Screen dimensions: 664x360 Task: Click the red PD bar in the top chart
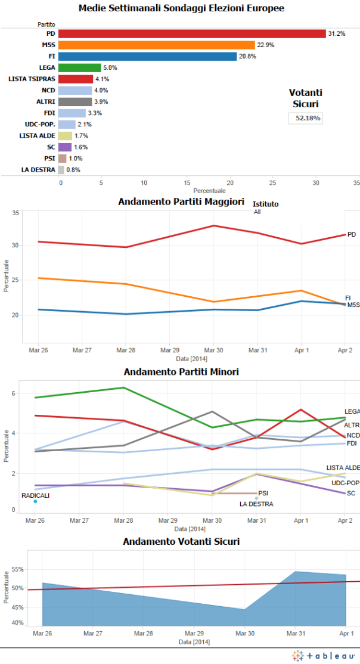point(192,33)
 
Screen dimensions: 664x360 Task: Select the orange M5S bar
point(157,45)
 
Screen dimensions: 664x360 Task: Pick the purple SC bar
point(65,147)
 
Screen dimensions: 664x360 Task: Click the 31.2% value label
point(336,33)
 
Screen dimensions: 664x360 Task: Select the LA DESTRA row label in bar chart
point(39,169)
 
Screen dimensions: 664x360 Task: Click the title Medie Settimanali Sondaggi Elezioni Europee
point(181,8)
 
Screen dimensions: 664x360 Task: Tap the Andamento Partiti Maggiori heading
point(181,201)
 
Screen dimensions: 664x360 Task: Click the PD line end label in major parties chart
point(351,234)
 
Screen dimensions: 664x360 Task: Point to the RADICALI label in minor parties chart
point(35,495)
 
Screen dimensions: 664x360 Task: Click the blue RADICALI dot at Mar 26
point(35,501)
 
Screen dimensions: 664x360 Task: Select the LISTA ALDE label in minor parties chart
point(343,467)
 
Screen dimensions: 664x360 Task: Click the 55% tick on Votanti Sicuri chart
point(17,569)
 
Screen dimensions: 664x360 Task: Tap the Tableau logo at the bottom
point(324,656)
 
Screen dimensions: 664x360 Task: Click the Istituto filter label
point(266,204)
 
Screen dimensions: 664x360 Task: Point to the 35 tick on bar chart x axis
point(356,183)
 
